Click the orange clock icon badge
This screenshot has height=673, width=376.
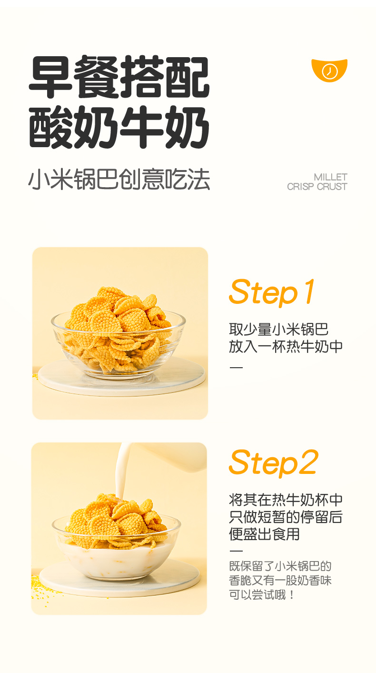pyautogui.click(x=329, y=70)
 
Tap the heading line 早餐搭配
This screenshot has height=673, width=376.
pyautogui.click(x=119, y=77)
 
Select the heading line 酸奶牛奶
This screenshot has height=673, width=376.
pyautogui.click(x=119, y=127)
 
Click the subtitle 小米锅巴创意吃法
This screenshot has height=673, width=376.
pyautogui.click(x=119, y=179)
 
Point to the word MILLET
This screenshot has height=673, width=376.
pyautogui.click(x=331, y=177)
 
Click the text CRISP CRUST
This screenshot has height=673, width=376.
pyautogui.click(x=317, y=187)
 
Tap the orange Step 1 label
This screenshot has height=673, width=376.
pyautogui.click(x=272, y=292)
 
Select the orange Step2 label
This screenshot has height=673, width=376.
pyautogui.click(x=273, y=462)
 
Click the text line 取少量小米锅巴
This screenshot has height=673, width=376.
pyautogui.click(x=278, y=330)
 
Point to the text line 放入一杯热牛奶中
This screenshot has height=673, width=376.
pyautogui.click(x=286, y=346)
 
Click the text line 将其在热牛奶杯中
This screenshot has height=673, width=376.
pyautogui.click(x=286, y=500)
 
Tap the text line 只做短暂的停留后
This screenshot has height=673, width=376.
pyautogui.click(x=286, y=517)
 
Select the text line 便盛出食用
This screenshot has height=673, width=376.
pyautogui.click(x=264, y=534)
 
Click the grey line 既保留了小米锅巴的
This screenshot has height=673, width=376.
pyautogui.click(x=280, y=566)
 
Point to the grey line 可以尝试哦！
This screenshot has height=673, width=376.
pyautogui.click(x=262, y=595)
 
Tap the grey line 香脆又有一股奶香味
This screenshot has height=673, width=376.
pyautogui.click(x=280, y=581)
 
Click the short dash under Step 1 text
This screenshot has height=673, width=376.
pyautogui.click(x=236, y=367)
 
